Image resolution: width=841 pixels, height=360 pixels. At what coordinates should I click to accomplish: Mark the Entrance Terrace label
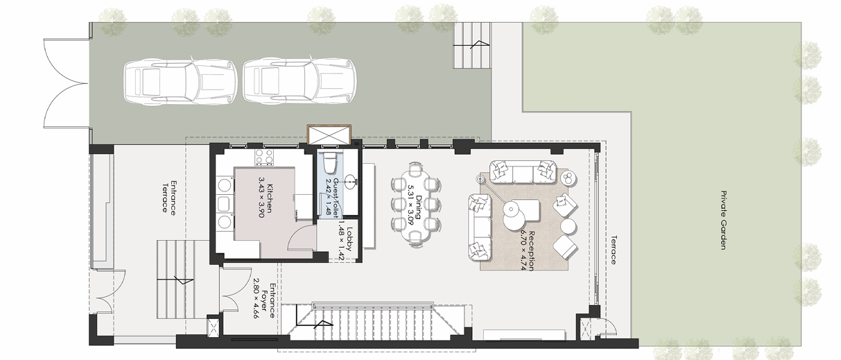click(x=170, y=196)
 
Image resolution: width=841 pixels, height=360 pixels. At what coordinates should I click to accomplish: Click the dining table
click(x=415, y=204)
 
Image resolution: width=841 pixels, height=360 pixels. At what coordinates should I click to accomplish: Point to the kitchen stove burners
click(x=263, y=158)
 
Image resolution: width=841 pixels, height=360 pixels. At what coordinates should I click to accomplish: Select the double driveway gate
click(x=66, y=83)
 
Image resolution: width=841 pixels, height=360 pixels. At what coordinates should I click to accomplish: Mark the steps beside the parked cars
click(x=473, y=45)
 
